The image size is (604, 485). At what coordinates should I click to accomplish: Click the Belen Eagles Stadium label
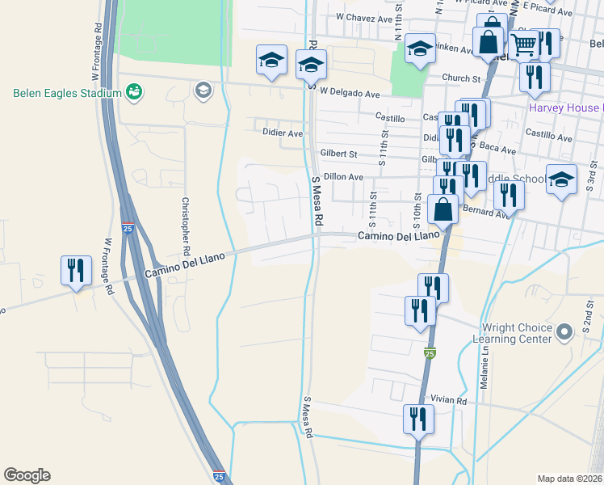tap(67, 93)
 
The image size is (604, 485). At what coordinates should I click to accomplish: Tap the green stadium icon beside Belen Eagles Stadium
tap(135, 92)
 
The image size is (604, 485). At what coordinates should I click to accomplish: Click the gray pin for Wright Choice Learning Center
tap(565, 330)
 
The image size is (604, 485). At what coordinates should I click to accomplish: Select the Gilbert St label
tap(338, 153)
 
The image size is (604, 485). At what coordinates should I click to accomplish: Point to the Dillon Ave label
tap(344, 177)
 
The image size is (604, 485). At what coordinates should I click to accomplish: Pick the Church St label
tap(460, 78)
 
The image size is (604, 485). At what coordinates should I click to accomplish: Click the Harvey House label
tap(564, 108)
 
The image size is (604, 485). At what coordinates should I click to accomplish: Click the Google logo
tap(27, 475)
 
